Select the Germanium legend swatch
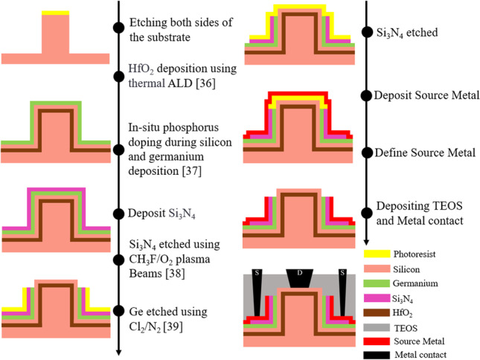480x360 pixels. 380,284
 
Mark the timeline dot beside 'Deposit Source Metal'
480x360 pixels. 366,95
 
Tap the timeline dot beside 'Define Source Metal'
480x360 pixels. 366,153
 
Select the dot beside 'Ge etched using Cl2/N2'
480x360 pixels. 118,311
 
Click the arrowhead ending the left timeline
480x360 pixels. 118,353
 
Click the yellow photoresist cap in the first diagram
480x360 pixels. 55,13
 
